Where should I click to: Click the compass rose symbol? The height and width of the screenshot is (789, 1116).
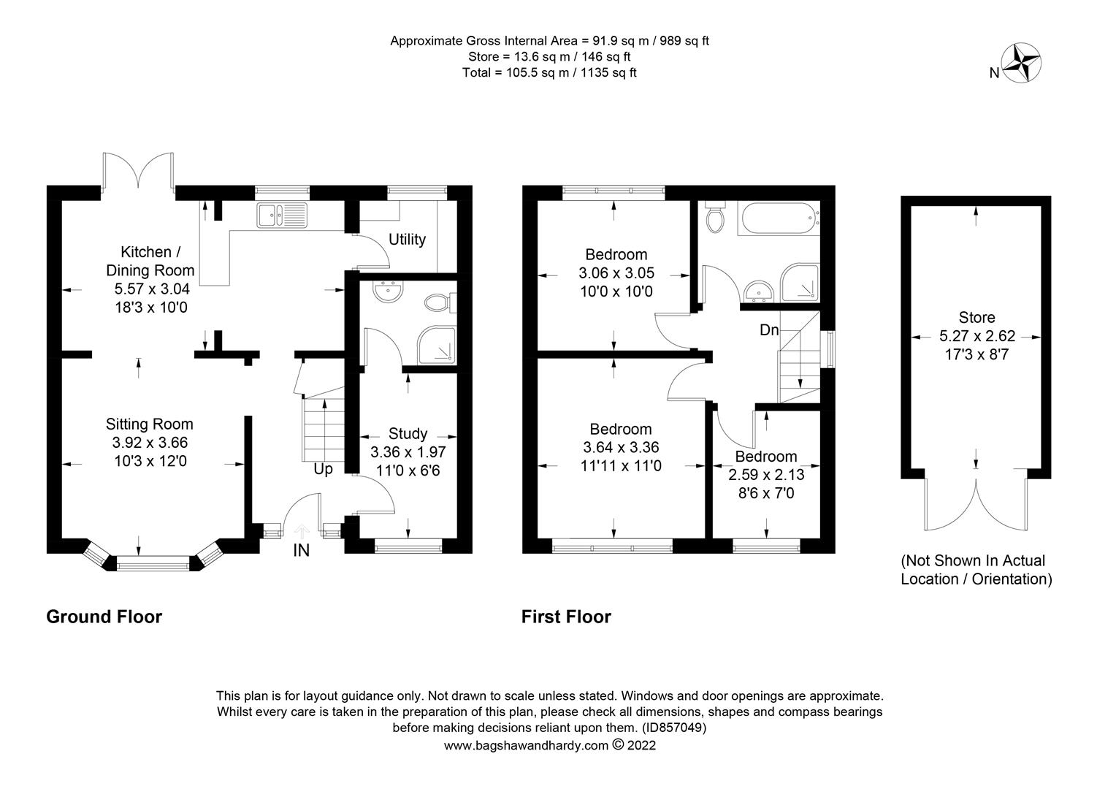pos(1021,63)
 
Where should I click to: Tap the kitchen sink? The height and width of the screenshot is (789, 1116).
pos(282,215)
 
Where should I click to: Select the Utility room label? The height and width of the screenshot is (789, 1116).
pos(407,239)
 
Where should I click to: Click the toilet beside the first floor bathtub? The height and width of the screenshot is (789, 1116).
pos(715,217)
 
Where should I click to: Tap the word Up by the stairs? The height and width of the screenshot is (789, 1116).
pos(323,470)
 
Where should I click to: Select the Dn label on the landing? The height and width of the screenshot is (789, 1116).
pos(769,330)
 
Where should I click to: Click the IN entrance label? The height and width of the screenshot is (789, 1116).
pos(301,550)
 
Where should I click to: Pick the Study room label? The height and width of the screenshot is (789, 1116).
pos(408,433)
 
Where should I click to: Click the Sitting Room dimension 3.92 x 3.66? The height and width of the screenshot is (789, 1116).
pos(150,443)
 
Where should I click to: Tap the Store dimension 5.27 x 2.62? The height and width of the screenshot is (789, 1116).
pos(977,336)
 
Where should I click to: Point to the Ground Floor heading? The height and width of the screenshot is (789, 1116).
pos(104,617)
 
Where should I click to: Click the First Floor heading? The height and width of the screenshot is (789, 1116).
pos(566,617)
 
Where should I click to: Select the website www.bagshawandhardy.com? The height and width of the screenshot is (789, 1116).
pos(526,746)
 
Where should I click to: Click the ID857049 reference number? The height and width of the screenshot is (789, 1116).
pos(674,728)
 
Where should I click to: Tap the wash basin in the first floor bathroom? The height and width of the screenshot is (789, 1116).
pos(757,291)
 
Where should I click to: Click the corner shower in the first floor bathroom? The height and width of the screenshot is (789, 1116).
pos(800,283)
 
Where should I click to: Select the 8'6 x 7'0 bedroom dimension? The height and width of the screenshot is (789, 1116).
pos(766,493)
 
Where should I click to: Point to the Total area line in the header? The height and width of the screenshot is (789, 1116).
pos(549,73)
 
